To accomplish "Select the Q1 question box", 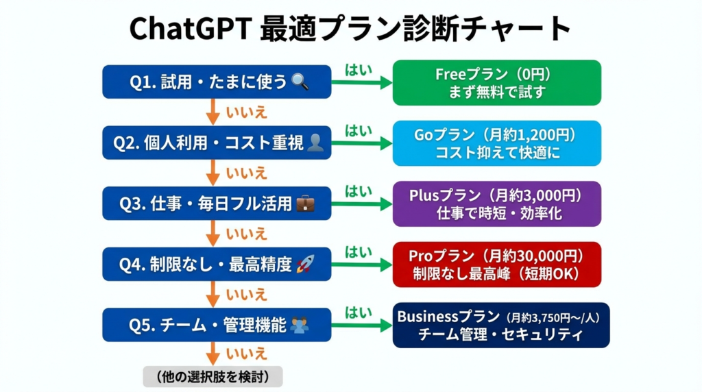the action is point(217,82).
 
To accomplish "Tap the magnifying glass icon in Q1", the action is point(300,82).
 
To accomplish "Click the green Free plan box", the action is point(496,83).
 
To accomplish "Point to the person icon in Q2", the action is point(315,143).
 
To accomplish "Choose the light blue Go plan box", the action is point(496,143).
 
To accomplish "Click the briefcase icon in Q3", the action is point(305,204).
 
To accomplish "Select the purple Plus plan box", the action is point(496,204).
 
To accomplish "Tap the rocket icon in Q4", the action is point(305,264).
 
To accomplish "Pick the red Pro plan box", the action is point(496,265).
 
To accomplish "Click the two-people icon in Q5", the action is point(299,325).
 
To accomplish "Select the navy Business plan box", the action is point(501,326).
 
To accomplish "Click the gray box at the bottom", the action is point(213,377).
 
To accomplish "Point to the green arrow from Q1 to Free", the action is point(362,82).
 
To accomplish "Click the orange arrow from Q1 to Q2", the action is point(213,112).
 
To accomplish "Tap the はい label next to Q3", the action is point(359,191).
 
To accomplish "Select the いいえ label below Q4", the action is point(246,295).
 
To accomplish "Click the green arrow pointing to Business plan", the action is point(362,326).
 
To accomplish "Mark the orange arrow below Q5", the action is point(213,354).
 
